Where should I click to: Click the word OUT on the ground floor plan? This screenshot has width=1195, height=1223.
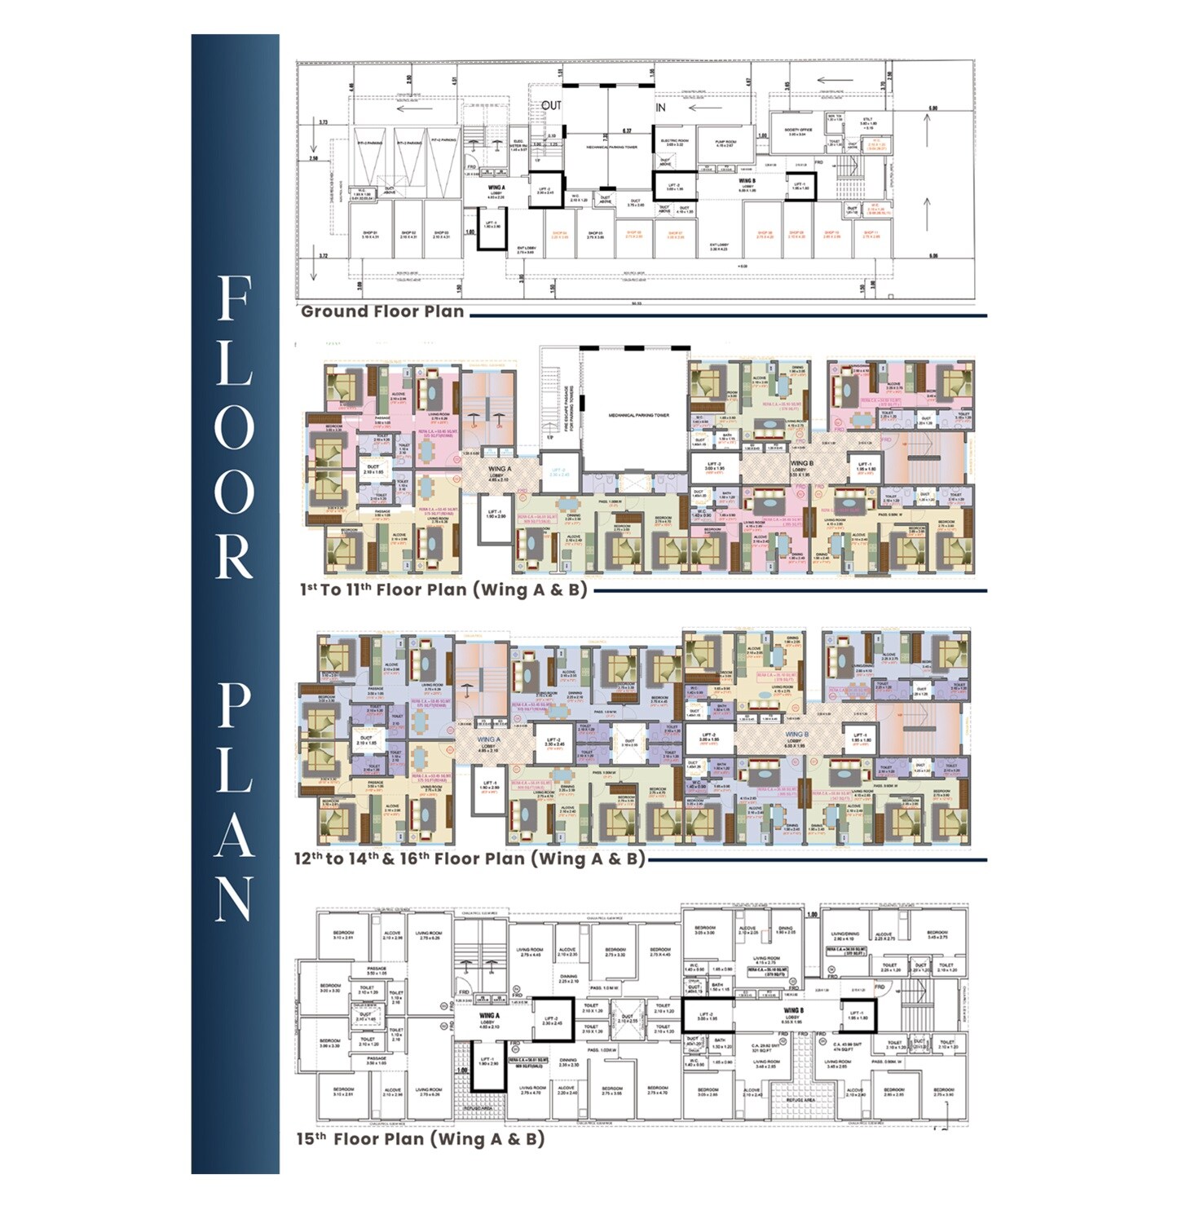pyautogui.click(x=552, y=106)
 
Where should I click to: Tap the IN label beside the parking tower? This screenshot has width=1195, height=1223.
pyautogui.click(x=660, y=108)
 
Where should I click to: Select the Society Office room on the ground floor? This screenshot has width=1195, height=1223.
pyautogui.click(x=798, y=131)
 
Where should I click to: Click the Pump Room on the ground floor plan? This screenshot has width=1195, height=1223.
pyautogui.click(x=725, y=143)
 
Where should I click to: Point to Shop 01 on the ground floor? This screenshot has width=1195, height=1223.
pyautogui.click(x=370, y=235)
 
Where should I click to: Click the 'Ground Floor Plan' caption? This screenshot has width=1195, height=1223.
pyautogui.click(x=382, y=311)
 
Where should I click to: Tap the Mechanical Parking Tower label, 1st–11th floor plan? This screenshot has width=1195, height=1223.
pyautogui.click(x=638, y=415)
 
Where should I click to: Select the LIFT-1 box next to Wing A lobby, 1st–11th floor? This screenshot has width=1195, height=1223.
pyautogui.click(x=495, y=514)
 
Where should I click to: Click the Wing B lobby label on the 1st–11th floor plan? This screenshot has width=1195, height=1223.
pyautogui.click(x=800, y=466)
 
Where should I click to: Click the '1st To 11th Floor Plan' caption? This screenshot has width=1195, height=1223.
pyautogui.click(x=443, y=589)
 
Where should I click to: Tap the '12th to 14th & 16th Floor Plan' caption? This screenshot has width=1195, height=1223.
pyautogui.click(x=470, y=859)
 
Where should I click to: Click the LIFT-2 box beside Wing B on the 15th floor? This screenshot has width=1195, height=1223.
pyautogui.click(x=707, y=1016)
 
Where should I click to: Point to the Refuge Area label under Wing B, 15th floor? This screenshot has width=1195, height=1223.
pyautogui.click(x=800, y=1100)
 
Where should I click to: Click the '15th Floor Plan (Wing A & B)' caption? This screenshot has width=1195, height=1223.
pyautogui.click(x=420, y=1139)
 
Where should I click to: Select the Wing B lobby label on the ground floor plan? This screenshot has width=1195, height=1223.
pyautogui.click(x=747, y=184)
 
